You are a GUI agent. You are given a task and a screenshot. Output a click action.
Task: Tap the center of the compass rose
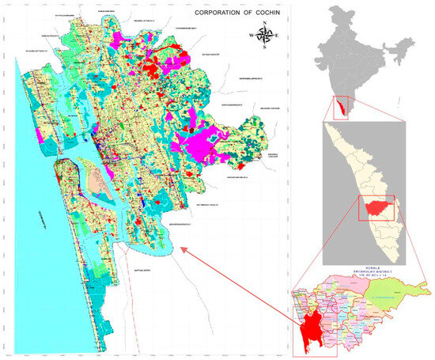[267, 35]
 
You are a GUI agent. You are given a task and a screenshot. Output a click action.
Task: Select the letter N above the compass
[267, 22]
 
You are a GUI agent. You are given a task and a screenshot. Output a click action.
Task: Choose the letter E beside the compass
[281, 36]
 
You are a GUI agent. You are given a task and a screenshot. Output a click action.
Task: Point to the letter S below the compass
[267, 49]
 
